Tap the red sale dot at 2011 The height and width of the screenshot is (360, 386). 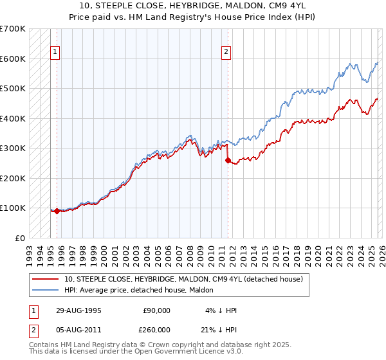227,161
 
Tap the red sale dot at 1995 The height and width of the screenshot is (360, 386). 57,211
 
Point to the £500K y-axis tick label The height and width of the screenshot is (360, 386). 13,88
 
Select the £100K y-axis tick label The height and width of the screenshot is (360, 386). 13,208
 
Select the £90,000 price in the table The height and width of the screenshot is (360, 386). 156,310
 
